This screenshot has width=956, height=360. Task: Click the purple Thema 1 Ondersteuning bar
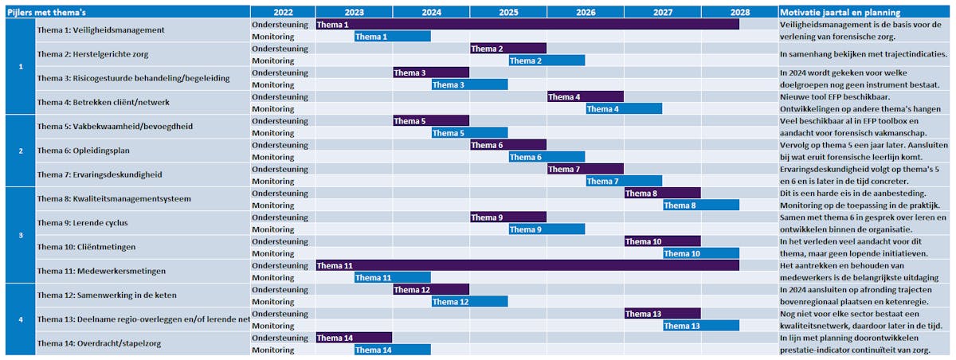(527, 25)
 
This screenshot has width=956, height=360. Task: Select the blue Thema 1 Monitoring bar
(392, 37)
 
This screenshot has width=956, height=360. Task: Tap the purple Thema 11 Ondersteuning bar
(527, 265)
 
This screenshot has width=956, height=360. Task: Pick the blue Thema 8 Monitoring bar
(700, 205)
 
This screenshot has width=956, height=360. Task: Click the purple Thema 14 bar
(354, 338)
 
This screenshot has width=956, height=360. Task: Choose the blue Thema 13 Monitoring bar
(700, 326)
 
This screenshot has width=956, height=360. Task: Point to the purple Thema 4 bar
(585, 97)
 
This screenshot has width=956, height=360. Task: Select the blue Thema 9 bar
(547, 229)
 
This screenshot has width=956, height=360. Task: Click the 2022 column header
(283, 13)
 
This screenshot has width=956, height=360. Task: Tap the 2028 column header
(739, 13)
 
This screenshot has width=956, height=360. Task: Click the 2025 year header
(507, 13)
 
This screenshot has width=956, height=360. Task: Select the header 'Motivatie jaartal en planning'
(840, 13)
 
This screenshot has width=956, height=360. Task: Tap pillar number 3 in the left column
(21, 235)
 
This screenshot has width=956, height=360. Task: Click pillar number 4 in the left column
(21, 319)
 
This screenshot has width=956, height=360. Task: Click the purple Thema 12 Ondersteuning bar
(430, 290)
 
